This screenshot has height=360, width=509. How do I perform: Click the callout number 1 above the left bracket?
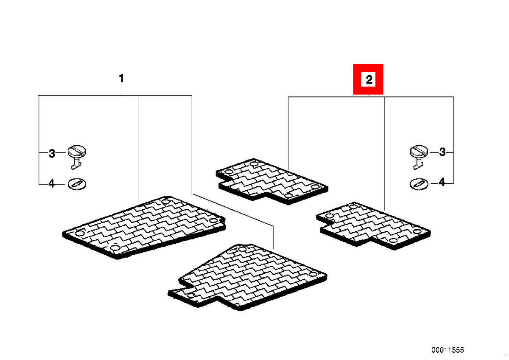pyautogui.click(x=122, y=79)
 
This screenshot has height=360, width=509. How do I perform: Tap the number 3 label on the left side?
pyautogui.click(x=52, y=154)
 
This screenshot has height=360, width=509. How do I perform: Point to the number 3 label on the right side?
pyautogui.click(x=442, y=152)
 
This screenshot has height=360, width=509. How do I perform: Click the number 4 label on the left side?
pyautogui.click(x=52, y=183)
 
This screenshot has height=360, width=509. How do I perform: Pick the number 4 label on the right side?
pyautogui.click(x=442, y=182)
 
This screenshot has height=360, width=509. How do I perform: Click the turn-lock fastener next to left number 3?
pyautogui.click(x=77, y=157)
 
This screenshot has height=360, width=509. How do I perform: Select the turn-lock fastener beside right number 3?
pyautogui.click(x=419, y=157)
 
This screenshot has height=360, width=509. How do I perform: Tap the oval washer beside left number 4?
pyautogui.click(x=77, y=184)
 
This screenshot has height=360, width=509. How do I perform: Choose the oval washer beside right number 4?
pyautogui.click(x=419, y=184)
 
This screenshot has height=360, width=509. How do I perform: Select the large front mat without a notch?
pyautogui.click(x=144, y=228)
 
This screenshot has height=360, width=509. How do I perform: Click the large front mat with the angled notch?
pyautogui.click(x=247, y=277)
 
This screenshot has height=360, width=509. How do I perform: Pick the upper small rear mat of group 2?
pyautogui.click(x=272, y=181)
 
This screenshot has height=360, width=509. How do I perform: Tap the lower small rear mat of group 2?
pyautogui.click(x=373, y=225)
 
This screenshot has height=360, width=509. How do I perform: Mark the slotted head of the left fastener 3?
pyautogui.click(x=77, y=151)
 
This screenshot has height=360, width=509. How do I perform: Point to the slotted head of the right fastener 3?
pyautogui.click(x=419, y=151)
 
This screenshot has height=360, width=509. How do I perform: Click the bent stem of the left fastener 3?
pyautogui.click(x=76, y=164)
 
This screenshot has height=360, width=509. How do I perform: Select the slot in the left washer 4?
pyautogui.click(x=77, y=184)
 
